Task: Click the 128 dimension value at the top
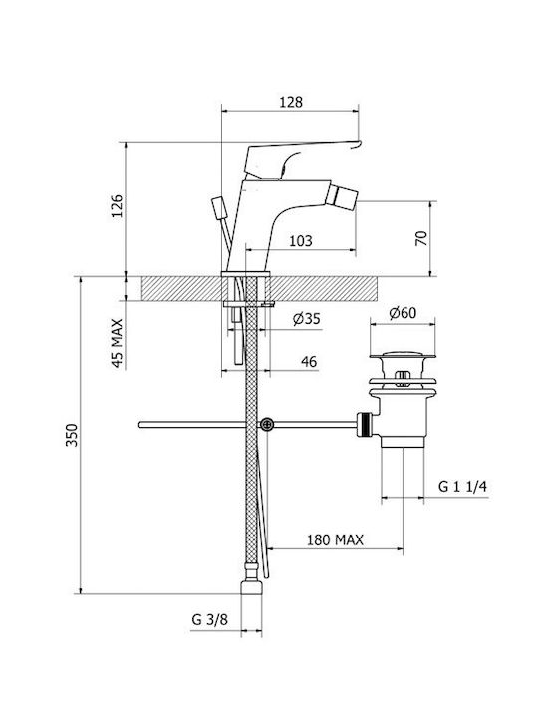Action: coord(291,102)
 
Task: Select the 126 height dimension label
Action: coord(118,206)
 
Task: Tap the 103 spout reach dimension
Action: coord(301,241)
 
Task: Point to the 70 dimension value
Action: coord(421,238)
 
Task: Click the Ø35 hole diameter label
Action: coord(307,318)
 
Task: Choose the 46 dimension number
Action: coord(309,362)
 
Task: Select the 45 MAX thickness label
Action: coord(118,343)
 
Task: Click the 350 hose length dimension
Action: coord(73,435)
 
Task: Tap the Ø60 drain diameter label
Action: coord(403,313)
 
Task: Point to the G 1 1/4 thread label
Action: coord(462,487)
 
